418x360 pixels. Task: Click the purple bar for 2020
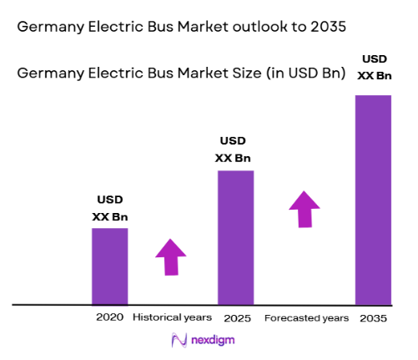tap(109, 266)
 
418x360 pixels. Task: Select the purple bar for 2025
tap(236, 238)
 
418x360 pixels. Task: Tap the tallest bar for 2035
tap(373, 200)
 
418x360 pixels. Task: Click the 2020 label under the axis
tap(109, 318)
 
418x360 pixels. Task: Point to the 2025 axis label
tap(236, 318)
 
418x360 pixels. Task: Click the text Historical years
tap(173, 318)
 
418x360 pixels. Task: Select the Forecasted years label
tap(306, 318)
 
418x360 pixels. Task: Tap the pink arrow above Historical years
tap(171, 256)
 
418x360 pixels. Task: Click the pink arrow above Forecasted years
tap(305, 209)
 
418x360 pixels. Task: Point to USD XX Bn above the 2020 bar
tap(109, 209)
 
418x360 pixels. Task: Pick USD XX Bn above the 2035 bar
tap(373, 68)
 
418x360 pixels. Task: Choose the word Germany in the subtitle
tap(49, 74)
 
